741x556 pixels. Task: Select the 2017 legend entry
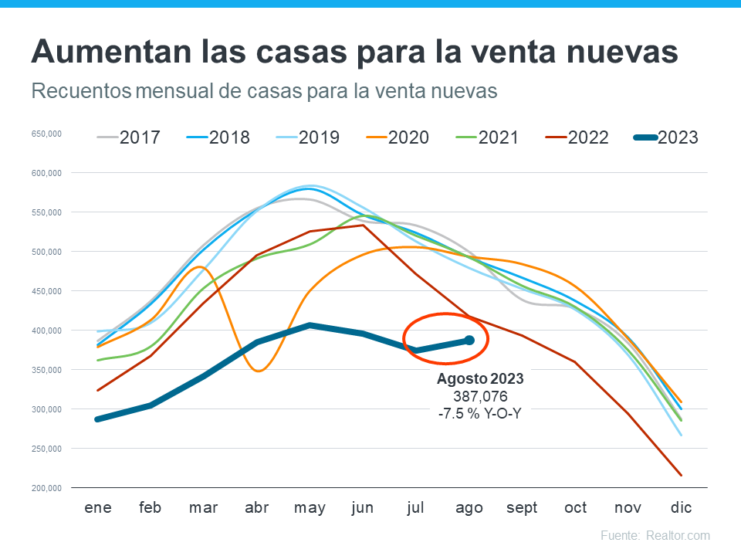point(128,137)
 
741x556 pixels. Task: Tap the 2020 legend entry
point(397,137)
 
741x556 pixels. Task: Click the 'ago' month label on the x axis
point(469,507)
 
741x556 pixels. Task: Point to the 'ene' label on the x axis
point(98,507)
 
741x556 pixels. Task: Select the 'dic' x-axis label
point(682,507)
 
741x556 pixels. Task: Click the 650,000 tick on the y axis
point(46,134)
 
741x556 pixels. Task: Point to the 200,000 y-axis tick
point(46,488)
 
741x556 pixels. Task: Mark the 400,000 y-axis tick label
point(46,331)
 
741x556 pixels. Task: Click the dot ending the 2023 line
point(469,340)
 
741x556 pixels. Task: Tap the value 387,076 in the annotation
point(480,395)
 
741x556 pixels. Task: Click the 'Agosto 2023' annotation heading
point(480,379)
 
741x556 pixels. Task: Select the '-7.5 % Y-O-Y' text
point(480,412)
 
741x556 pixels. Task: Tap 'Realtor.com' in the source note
point(678,535)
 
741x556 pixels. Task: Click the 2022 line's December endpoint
point(682,475)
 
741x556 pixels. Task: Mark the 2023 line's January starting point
point(98,419)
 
